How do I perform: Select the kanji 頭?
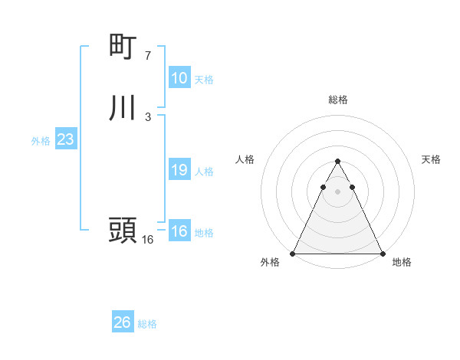point(123,231)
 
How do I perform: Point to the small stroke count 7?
point(148,55)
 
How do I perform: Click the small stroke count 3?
point(148,116)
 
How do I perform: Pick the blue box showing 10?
point(179,78)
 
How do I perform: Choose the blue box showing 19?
point(179,170)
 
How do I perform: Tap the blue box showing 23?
point(65,140)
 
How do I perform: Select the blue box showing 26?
point(123,322)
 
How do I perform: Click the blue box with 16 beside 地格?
point(179,231)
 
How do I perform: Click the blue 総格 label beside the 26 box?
point(147,324)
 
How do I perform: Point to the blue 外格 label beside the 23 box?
point(41,141)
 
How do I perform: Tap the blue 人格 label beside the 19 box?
point(204,172)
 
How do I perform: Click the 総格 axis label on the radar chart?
point(338,100)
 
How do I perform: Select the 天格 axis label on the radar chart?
point(432,159)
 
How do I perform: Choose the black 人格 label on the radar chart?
point(245,159)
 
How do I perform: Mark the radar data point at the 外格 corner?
point(293,253)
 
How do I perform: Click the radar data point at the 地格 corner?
point(382,253)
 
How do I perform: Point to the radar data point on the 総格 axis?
point(337,162)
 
